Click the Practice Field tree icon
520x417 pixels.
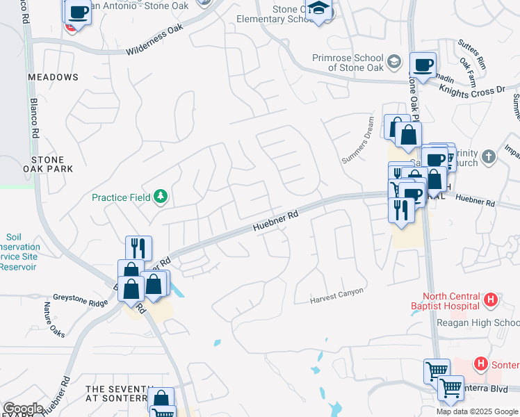(161, 197)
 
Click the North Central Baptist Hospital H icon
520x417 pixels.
(491, 300)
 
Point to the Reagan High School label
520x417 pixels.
(478, 323)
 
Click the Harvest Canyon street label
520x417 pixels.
(338, 295)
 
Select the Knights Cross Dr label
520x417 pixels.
(472, 90)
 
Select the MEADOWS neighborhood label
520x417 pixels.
(54, 77)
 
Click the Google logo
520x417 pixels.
(24, 408)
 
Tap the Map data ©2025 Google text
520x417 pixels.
(477, 411)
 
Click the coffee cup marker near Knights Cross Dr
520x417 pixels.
(423, 65)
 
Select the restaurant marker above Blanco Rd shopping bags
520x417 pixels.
(138, 247)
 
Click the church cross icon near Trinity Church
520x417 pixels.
(489, 156)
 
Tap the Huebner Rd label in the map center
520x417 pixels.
(275, 221)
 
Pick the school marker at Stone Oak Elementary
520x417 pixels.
(319, 10)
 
